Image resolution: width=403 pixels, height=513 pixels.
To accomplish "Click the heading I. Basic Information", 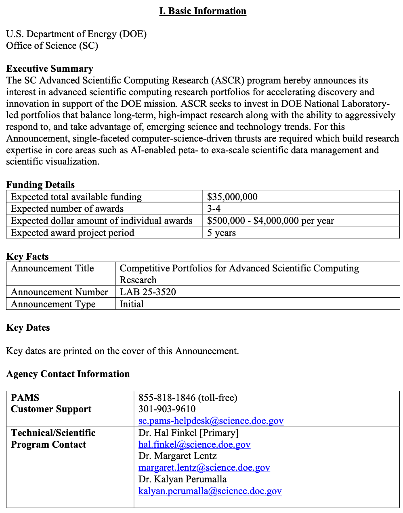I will click(x=203, y=11).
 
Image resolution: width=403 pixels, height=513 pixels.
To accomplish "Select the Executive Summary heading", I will click(x=50, y=69).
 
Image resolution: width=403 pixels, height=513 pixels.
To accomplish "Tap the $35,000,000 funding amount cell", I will click(x=232, y=197).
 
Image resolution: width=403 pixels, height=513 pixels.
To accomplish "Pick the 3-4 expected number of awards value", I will click(x=214, y=209).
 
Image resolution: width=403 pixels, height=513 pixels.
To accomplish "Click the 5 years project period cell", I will click(x=221, y=233).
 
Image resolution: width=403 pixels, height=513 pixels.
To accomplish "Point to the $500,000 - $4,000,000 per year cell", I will click(x=271, y=221).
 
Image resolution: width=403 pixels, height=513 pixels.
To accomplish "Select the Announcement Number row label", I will click(x=59, y=292).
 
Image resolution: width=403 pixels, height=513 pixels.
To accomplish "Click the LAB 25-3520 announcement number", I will click(x=148, y=292).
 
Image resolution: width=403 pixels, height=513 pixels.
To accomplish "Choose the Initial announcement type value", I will click(x=132, y=304).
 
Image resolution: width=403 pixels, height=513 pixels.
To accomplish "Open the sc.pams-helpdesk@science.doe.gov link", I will click(x=211, y=421).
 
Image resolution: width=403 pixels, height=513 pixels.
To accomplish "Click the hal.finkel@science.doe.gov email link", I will click(x=194, y=444).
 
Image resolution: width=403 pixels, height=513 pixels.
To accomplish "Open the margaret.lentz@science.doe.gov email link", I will click(x=204, y=468).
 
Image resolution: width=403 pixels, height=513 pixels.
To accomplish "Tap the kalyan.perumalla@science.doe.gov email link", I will click(x=210, y=491).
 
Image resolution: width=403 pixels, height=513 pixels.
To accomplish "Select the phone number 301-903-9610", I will click(x=167, y=409).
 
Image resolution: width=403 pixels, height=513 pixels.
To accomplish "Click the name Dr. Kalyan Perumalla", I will click(x=183, y=480).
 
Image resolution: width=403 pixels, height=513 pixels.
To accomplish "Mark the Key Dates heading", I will click(x=28, y=327).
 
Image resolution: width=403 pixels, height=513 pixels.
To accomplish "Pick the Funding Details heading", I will click(x=40, y=185).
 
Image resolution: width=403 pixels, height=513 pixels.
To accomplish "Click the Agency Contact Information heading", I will click(x=68, y=374).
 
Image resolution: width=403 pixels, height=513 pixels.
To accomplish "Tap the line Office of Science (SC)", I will click(x=52, y=46).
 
